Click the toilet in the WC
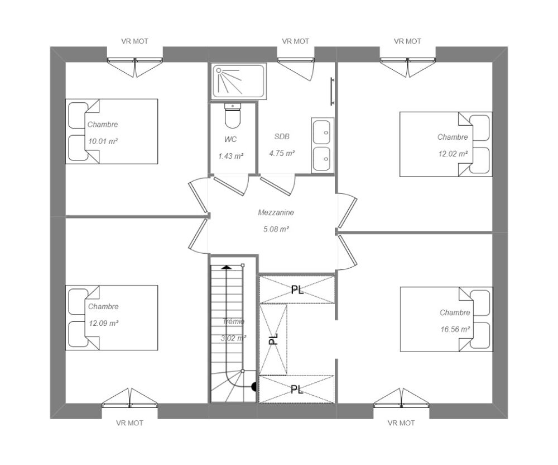tap(232, 116)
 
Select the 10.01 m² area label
tap(103, 141)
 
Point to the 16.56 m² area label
tap(455, 330)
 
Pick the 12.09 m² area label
tap(103, 323)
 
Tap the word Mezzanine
tap(276, 213)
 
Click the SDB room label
tap(282, 136)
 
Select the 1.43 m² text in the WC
tap(232, 156)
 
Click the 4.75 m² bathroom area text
tap(282, 153)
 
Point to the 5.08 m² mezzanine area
tap(276, 229)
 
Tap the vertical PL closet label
tap(273, 339)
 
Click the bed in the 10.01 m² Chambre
tap(112, 131)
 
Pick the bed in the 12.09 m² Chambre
tap(112, 317)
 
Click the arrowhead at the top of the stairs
tap(226, 267)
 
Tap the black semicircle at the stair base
tap(254, 386)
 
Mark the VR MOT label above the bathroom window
tap(296, 41)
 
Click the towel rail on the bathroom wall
tap(333, 91)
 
